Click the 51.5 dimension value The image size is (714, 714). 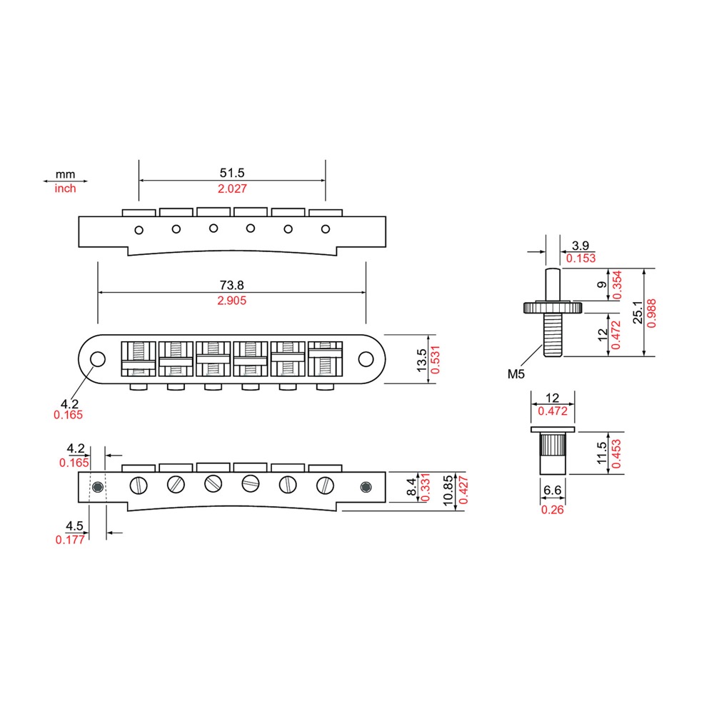pos(232,173)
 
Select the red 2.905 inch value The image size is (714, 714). pos(232,301)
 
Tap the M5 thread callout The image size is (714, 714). pos(516,374)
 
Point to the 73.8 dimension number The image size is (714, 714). pos(232,285)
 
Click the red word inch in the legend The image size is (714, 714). pos(65,188)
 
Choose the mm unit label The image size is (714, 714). pos(65,174)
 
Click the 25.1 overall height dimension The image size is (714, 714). pos(638,312)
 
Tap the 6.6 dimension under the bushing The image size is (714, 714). pos(553,491)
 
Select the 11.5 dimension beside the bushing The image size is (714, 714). pos(601,453)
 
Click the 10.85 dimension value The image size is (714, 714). pos(448,490)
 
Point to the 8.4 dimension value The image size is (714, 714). pos(411,487)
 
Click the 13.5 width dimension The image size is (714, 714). pos(422,360)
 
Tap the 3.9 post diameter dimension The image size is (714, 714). pos(580,246)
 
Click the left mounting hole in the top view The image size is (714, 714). pos(97,359)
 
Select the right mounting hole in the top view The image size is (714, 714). pos(366,359)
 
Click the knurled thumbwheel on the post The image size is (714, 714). pos(553,307)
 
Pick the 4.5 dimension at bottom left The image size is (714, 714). pos(74,526)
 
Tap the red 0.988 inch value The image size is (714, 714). pos(652,313)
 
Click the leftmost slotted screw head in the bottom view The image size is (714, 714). pos(139,486)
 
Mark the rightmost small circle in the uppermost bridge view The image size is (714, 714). pos(325,229)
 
